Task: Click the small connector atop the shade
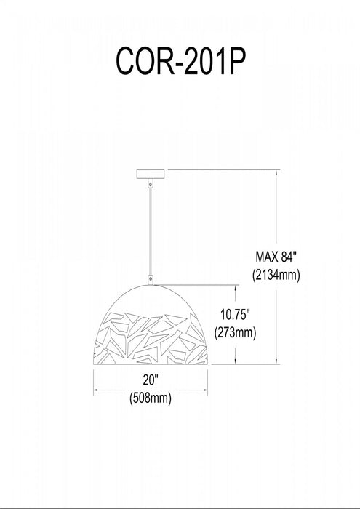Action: [x=151, y=278]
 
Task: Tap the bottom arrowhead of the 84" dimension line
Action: [x=278, y=361]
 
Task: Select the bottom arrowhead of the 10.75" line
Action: [x=236, y=361]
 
